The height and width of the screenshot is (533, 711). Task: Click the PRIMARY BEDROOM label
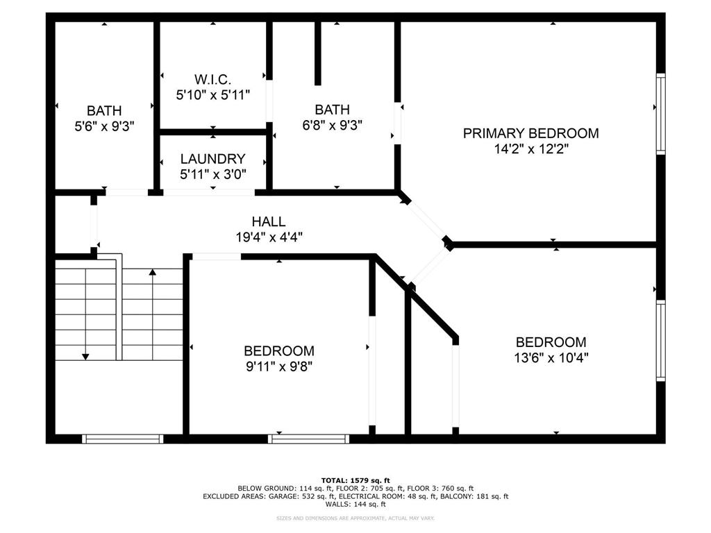tap(530, 133)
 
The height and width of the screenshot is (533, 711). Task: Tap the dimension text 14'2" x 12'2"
tap(530, 149)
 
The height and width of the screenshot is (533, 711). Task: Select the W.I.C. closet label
tap(212, 79)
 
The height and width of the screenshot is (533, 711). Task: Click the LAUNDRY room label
tap(212, 159)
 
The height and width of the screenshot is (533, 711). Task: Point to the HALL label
tap(269, 221)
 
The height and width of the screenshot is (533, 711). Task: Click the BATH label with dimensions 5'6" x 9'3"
tap(104, 110)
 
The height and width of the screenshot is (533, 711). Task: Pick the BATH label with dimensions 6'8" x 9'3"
tap(332, 109)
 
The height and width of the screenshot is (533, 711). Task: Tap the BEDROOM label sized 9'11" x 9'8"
tap(278, 351)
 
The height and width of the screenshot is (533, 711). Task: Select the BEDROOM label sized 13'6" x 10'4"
tap(551, 342)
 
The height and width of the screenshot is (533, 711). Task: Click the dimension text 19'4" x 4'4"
tap(269, 237)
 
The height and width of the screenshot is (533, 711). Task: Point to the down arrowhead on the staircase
tap(85, 356)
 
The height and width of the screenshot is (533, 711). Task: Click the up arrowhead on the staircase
tap(152, 273)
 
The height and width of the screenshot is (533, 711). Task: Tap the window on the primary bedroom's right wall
tap(660, 113)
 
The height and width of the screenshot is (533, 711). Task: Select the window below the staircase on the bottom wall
tap(122, 439)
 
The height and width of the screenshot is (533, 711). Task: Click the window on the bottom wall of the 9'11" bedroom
tap(309, 439)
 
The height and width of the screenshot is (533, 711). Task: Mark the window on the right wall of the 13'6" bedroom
tap(660, 340)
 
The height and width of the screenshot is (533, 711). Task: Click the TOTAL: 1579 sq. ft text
tap(355, 480)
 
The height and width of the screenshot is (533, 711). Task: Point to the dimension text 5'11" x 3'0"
tap(212, 174)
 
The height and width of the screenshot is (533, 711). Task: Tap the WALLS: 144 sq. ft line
tap(355, 505)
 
